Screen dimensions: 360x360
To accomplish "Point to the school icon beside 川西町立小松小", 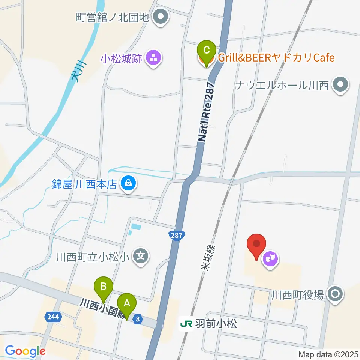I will point(141,257).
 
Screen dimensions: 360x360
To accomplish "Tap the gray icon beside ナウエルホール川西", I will point(340,85).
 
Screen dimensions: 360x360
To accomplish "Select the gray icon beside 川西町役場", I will point(334,294).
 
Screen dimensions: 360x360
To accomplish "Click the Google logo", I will point(25,351).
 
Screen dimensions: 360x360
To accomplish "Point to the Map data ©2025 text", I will point(328,354).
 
